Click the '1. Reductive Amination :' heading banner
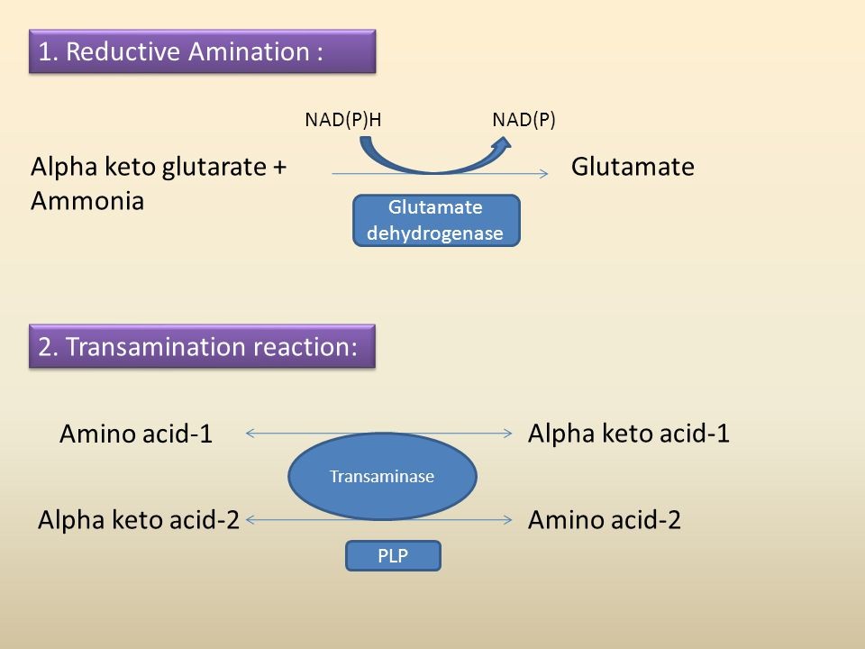pos(203,51)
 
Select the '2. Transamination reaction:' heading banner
pos(203,347)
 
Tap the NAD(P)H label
pos(344,120)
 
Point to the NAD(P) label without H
pos(524,120)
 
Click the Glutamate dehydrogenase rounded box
pos(435,221)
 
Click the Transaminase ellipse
pos(382,477)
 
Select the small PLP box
pos(393,556)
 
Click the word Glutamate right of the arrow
pos(633,167)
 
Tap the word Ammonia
pos(87,201)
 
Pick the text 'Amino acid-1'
pos(136,434)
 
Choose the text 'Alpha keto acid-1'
pos(628,434)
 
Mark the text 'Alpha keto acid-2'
pos(138,520)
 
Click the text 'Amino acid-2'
pos(604,520)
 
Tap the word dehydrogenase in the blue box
pos(435,233)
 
